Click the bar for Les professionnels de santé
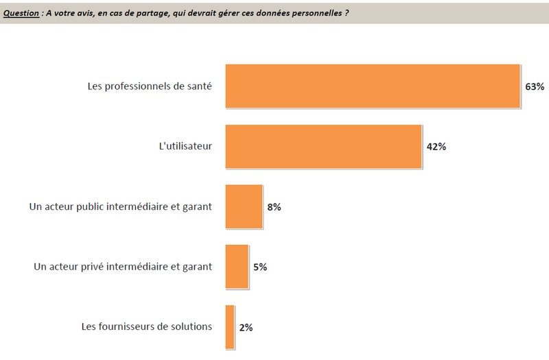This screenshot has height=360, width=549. coord(373,86)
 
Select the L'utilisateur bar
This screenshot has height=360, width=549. coord(323,147)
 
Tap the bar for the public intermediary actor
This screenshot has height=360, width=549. coord(244,206)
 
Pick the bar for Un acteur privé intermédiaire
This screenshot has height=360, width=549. coord(237,267)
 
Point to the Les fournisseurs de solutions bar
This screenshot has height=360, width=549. coord(230,327)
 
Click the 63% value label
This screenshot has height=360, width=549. coord(535,87)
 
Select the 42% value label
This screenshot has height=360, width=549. coord(436,147)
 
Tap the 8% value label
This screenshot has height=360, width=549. coord(274,206)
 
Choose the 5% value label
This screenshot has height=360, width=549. coord(260,267)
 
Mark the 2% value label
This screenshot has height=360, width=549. coord(246,327)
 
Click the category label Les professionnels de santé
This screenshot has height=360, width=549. coord(150,86)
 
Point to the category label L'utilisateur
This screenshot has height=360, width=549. coord(185,146)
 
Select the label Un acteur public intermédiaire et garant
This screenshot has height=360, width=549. coord(121,206)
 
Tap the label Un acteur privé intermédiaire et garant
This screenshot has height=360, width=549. coord(123,266)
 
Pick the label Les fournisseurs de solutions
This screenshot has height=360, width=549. coord(146,326)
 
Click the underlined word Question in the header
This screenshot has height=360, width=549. coord(21,13)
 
